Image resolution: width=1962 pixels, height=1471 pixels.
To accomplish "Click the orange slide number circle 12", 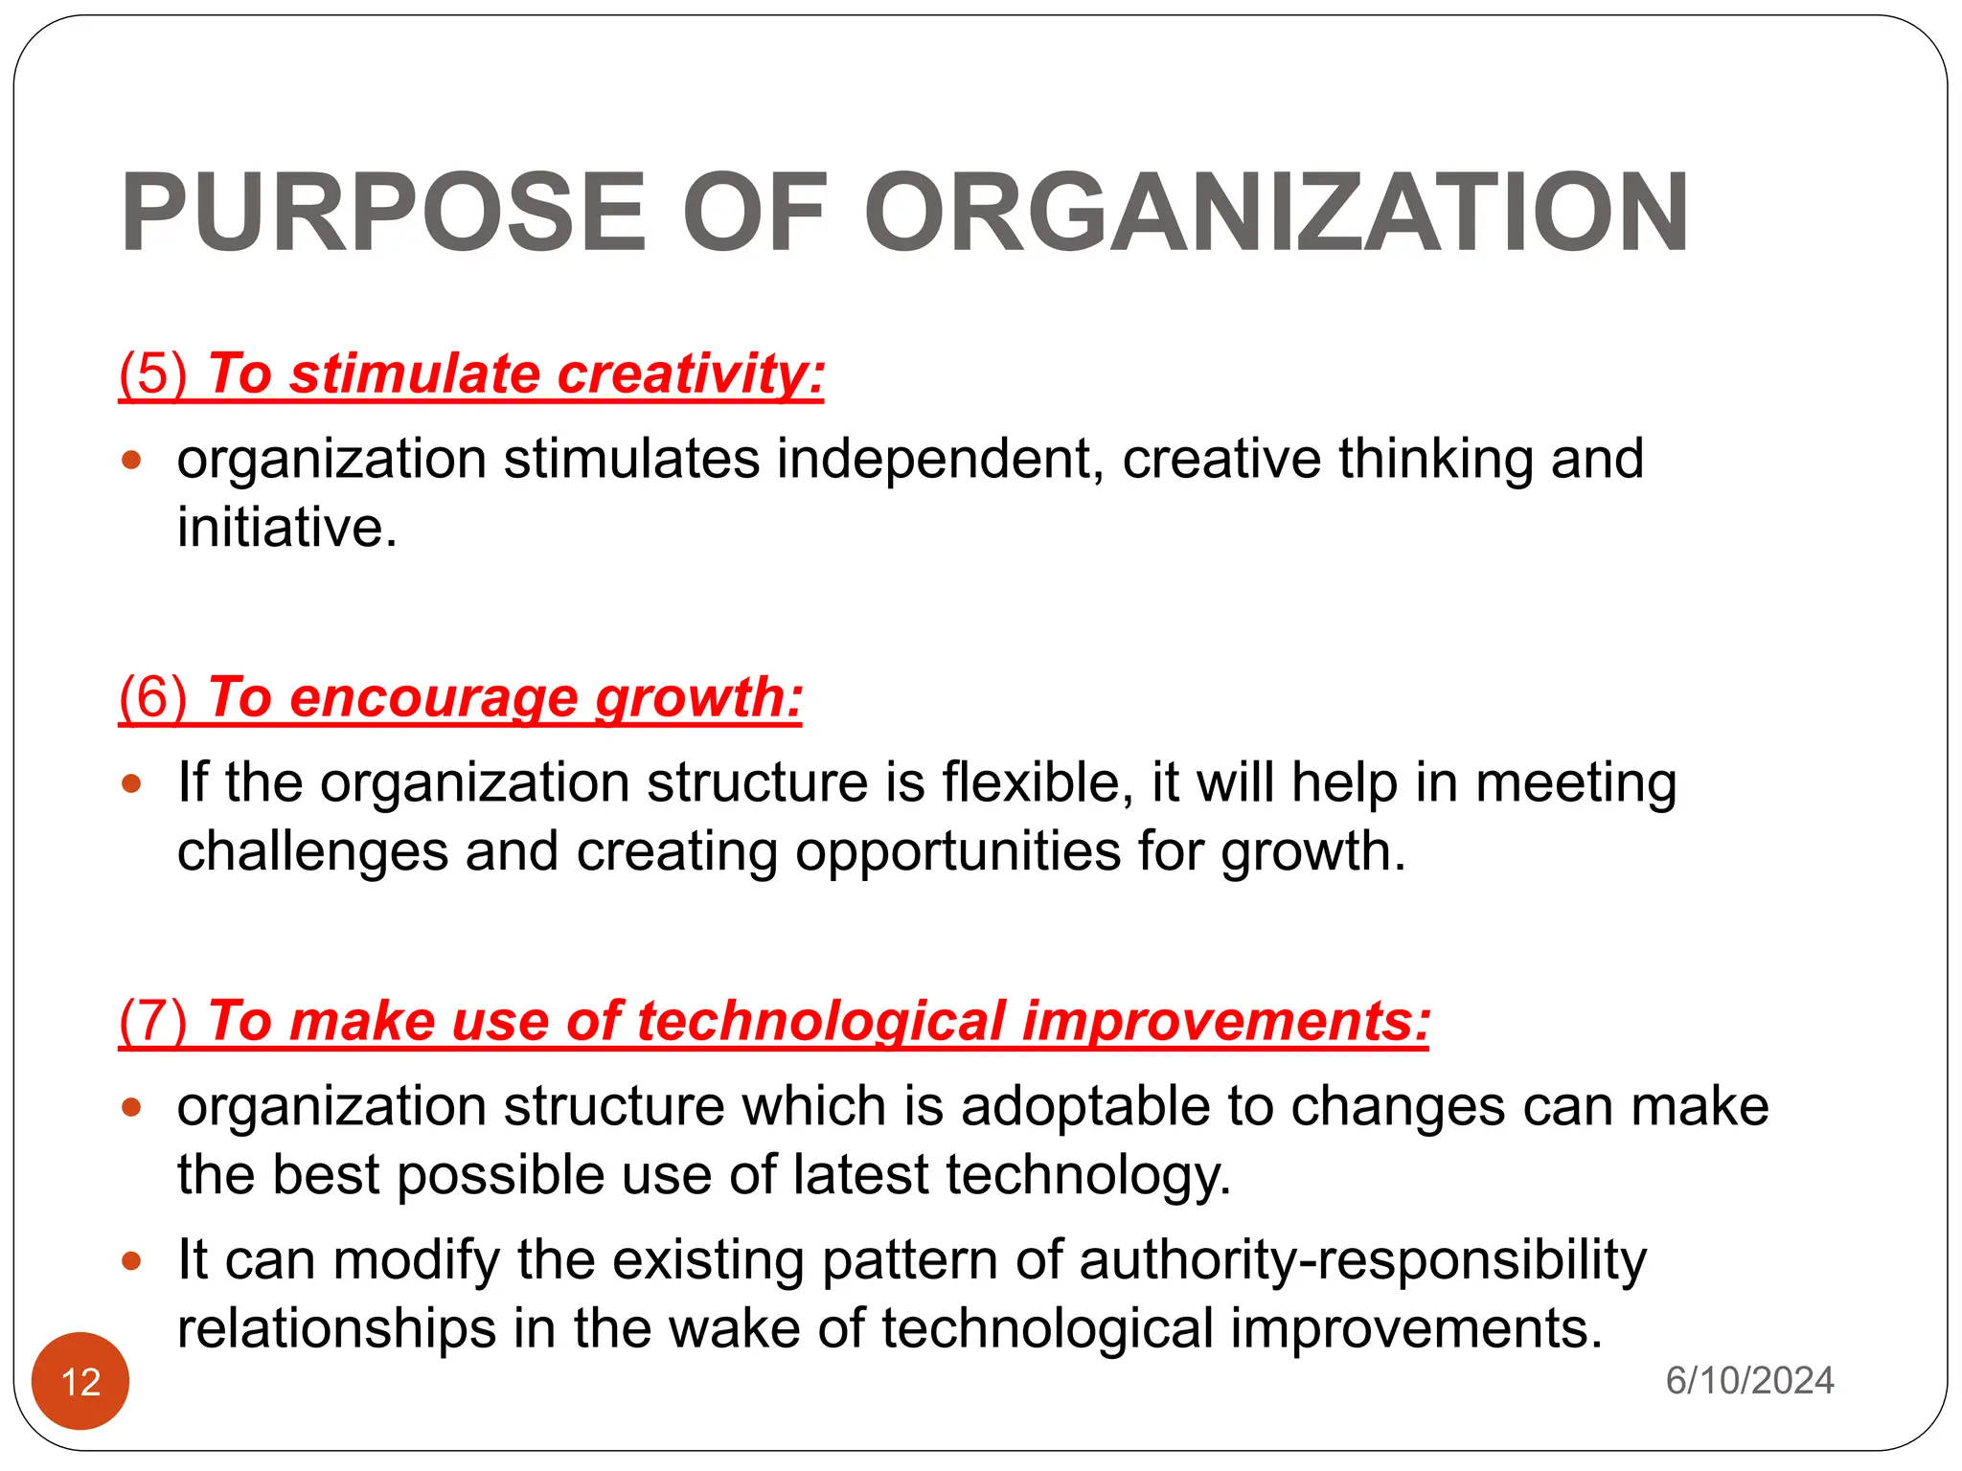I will point(80,1381).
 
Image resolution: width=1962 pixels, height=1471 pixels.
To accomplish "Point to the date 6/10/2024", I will point(1749,1380).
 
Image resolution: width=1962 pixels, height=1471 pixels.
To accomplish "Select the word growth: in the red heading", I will point(698,696).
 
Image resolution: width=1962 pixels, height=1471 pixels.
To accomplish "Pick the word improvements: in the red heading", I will point(1225,1020).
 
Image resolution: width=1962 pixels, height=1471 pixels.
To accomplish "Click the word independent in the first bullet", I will point(934,459).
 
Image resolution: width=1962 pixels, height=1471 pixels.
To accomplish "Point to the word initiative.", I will point(286,528).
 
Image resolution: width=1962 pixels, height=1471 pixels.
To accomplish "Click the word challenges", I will point(312,851).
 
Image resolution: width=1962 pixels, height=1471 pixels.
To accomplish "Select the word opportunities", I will point(957,851).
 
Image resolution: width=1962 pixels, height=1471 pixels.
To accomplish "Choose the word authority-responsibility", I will point(1362,1259).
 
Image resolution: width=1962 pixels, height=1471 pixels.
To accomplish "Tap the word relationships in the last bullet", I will point(336,1328).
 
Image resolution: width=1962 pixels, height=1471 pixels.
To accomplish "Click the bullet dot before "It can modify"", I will point(132,1261).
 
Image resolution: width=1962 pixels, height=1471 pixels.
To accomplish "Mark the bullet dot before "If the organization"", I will point(132,784).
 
